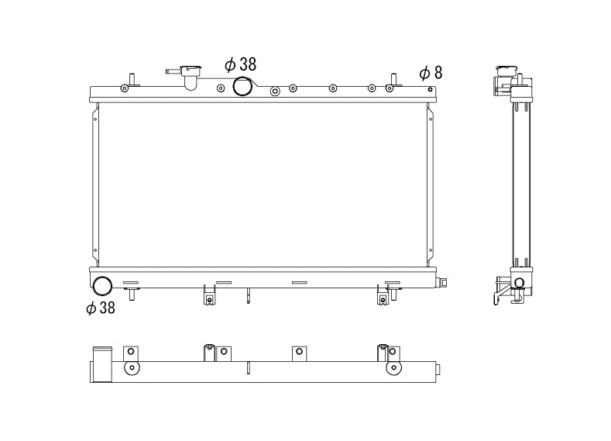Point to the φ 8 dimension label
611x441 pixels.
tap(431, 74)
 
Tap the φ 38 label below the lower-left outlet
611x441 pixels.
tap(101, 308)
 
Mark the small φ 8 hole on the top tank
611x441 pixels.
tap(430, 88)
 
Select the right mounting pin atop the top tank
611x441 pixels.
tap(393, 79)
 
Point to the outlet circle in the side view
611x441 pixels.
tap(519, 282)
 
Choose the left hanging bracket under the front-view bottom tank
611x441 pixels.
tap(209, 295)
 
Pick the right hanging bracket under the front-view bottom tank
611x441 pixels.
tap(382, 295)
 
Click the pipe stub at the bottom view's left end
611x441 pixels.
tap(101, 364)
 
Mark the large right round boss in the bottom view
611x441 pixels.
tap(393, 367)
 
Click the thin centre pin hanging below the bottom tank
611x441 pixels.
tap(248, 296)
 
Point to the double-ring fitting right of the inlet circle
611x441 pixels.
tap(275, 91)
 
